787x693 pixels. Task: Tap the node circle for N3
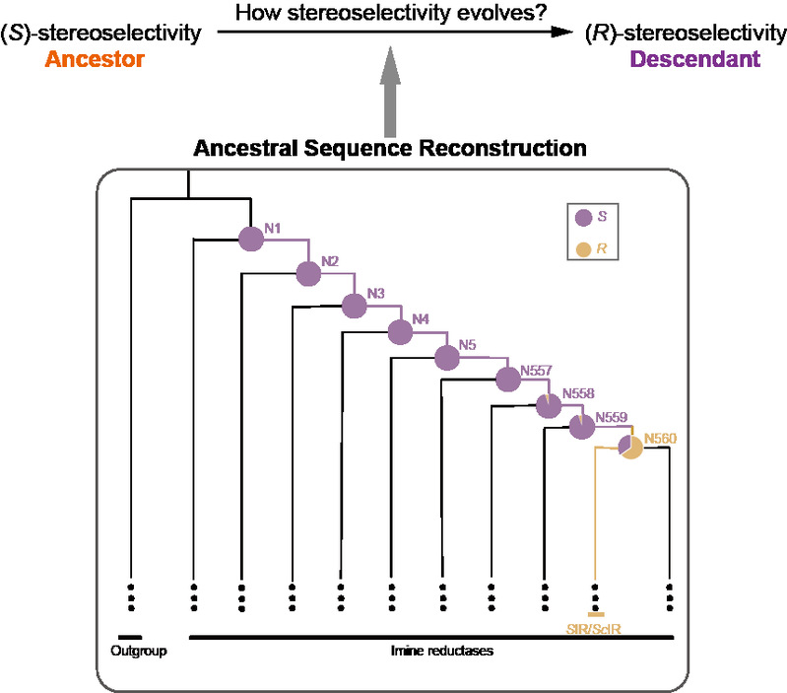(x=354, y=306)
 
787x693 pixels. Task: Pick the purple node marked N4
(x=399, y=332)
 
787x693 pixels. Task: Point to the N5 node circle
(x=447, y=356)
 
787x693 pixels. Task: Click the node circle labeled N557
(x=507, y=379)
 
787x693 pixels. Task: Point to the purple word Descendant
(x=695, y=60)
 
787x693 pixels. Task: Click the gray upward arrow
(x=390, y=99)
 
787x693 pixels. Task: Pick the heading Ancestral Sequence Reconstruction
(x=390, y=149)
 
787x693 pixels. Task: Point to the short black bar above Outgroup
(x=130, y=636)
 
